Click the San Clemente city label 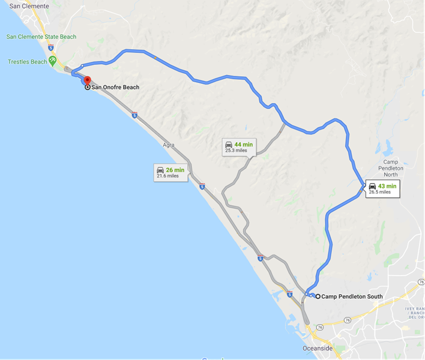click(29, 6)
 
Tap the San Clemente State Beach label click(41, 37)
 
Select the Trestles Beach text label click(27, 62)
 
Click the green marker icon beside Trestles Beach click(53, 60)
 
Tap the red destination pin click(87, 80)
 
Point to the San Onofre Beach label click(115, 88)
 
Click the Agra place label click(169, 145)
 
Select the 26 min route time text click(176, 170)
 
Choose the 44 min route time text click(243, 145)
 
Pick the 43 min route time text click(387, 186)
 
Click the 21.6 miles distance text click(167, 176)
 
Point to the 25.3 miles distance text click(236, 151)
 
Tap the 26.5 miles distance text click(379, 193)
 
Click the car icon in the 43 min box click(373, 186)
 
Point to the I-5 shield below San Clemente click(50, 46)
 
